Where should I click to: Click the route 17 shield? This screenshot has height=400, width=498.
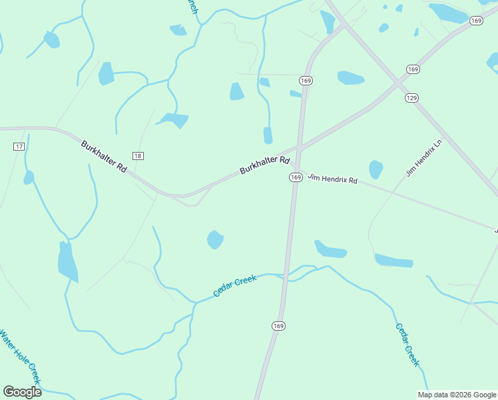point(19,146)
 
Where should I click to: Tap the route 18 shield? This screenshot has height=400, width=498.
point(138,155)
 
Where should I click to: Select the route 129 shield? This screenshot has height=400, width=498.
point(412,98)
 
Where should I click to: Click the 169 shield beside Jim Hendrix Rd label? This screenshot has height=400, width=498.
point(296,177)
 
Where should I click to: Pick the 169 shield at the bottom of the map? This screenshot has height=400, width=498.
point(278,325)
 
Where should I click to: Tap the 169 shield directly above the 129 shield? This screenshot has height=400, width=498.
point(413,69)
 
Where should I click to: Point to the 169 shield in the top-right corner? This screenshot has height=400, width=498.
point(475,21)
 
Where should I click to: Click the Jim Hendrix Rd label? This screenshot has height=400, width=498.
point(332,177)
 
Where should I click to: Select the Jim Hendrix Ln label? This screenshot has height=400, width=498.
point(424,159)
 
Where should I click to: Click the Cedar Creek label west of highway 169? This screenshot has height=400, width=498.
point(235,287)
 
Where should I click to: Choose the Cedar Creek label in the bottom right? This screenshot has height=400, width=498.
point(407,345)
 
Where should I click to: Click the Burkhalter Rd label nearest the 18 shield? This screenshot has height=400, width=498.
point(104,157)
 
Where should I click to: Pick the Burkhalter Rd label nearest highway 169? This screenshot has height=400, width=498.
point(264,165)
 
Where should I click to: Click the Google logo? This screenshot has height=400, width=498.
point(22,392)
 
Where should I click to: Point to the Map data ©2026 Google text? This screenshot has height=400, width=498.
point(457,395)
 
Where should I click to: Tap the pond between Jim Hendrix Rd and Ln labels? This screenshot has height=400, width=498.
point(376,169)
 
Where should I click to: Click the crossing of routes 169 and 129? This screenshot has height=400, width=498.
point(397,82)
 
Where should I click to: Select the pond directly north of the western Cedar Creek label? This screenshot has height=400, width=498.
point(215,239)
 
